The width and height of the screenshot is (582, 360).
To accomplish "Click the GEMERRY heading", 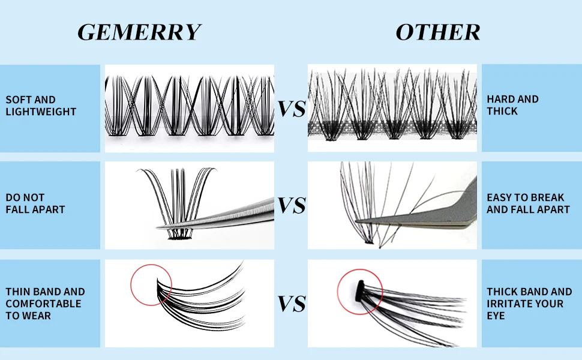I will coord(139,32).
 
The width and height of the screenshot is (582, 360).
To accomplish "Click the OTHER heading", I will coord(437,32).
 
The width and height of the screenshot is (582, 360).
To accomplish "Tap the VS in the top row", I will coord(292,109).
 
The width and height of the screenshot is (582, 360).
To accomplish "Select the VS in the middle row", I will coord(292,206).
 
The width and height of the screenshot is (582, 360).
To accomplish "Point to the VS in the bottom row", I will coord(292,304).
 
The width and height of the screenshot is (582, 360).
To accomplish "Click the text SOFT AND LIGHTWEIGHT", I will coord(41,106).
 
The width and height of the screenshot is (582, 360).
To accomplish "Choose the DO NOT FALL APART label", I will coord(35,203).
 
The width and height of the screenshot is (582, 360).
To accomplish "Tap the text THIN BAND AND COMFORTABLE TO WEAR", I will coord(45,304).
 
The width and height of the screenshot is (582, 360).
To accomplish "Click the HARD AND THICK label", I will coord(512,105).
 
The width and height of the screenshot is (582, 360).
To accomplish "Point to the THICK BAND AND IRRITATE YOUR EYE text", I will coord(529,304).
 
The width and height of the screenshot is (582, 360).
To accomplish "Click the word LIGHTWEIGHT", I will coord(41,112).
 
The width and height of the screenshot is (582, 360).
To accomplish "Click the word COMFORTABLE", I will coord(43,304).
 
